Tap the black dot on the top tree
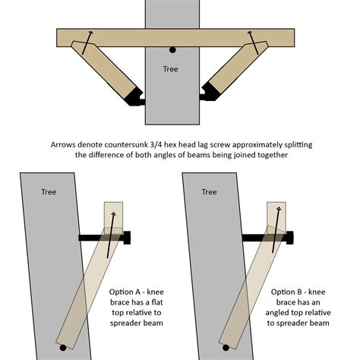pos(173,50)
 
